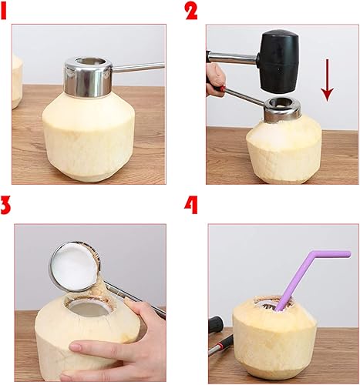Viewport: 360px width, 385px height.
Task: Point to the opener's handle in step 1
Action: pyautogui.click(x=139, y=68)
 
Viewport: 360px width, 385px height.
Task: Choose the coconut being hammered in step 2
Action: pyautogui.click(x=283, y=150)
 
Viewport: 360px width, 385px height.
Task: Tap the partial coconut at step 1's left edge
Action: pyautogui.click(x=17, y=81)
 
